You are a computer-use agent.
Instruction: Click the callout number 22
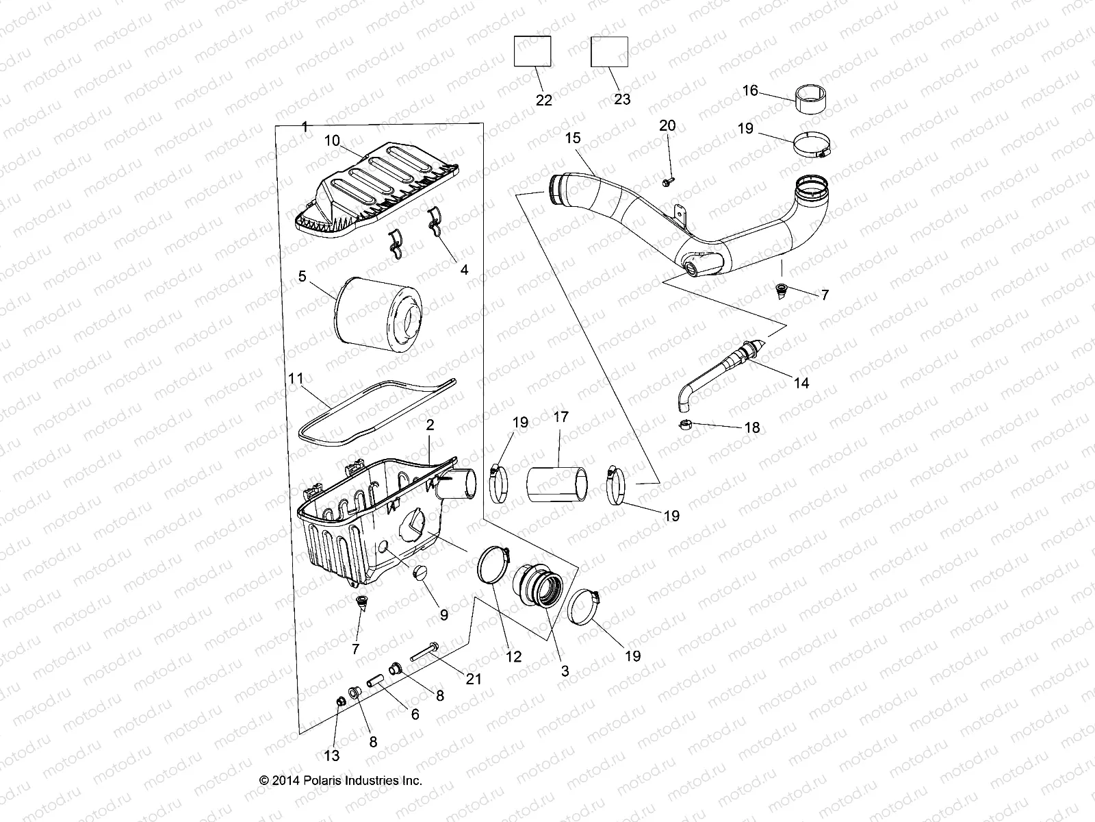(x=543, y=100)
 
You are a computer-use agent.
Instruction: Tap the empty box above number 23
(x=609, y=51)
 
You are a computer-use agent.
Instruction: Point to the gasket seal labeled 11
(x=376, y=408)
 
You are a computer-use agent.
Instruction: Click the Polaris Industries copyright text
(x=341, y=780)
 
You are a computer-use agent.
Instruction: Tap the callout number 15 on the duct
(x=572, y=138)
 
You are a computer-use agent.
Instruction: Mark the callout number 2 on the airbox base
(x=430, y=425)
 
